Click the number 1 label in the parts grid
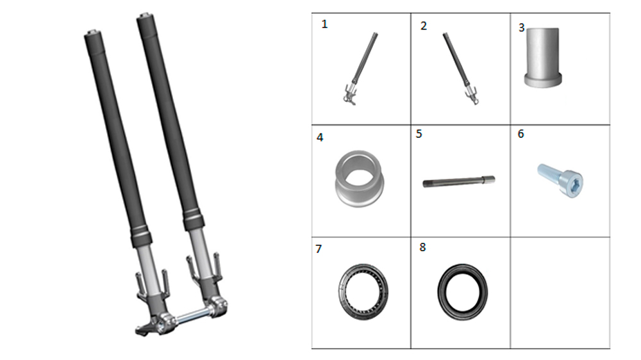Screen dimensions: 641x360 (324, 24)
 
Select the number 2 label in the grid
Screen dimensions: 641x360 (424, 26)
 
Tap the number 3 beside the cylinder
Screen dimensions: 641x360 (522, 28)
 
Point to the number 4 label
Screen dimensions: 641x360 (320, 137)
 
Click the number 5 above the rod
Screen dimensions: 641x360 (419, 134)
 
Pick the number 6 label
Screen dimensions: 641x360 (520, 134)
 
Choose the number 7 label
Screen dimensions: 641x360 (319, 249)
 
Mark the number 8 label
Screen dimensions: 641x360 (422, 247)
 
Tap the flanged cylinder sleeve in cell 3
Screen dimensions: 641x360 (543, 57)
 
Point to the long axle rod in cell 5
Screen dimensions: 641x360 (459, 181)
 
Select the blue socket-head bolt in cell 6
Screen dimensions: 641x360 (560, 180)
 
